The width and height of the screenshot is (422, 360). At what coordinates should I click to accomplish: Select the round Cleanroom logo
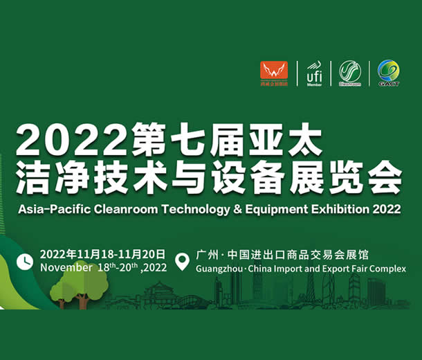click(350, 72)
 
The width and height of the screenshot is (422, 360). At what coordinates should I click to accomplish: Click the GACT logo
click(388, 72)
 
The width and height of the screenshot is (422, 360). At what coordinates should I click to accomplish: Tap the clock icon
click(25, 261)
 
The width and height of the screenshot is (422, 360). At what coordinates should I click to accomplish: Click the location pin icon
click(183, 262)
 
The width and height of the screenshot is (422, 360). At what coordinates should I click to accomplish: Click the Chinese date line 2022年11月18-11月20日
click(102, 254)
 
